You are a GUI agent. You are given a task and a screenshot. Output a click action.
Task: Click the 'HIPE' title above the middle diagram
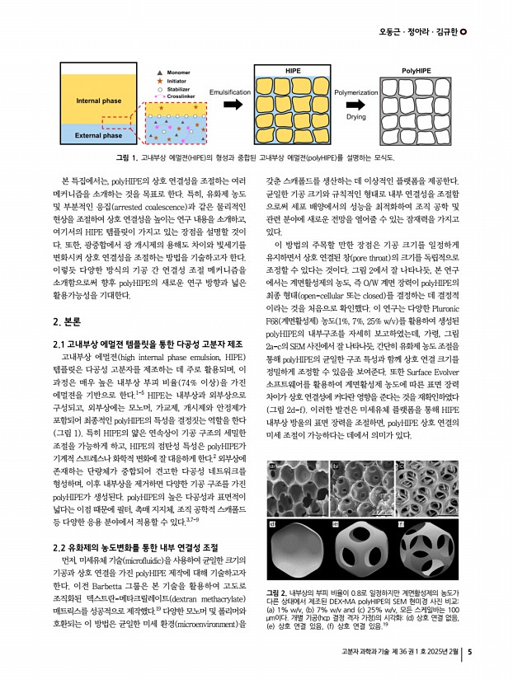pos(293,73)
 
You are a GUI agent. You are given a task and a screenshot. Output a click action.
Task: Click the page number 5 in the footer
pos(470,655)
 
